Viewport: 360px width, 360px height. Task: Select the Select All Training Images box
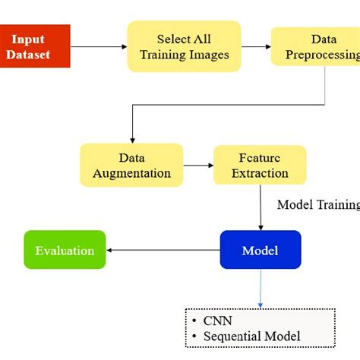coord(184,46)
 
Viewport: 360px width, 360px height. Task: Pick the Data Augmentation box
coord(131,165)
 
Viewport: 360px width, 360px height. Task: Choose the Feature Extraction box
coord(260,165)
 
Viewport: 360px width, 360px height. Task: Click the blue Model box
coord(261,251)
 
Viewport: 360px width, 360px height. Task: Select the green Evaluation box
coord(65,251)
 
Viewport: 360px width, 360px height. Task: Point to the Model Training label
coord(317,204)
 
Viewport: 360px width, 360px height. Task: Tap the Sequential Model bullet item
coord(251,336)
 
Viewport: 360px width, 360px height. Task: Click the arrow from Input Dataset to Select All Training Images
coord(99,46)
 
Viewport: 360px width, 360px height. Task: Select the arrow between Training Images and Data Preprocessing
coord(256,46)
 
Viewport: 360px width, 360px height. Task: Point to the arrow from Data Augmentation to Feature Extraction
coord(198,165)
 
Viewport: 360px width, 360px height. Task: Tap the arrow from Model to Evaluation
coord(163,251)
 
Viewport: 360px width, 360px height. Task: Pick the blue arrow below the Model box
coord(261,288)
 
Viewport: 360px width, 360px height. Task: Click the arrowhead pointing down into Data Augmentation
coord(132,139)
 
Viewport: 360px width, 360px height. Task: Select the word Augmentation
coord(131,173)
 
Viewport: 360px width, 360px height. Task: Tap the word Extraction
coord(260,173)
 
